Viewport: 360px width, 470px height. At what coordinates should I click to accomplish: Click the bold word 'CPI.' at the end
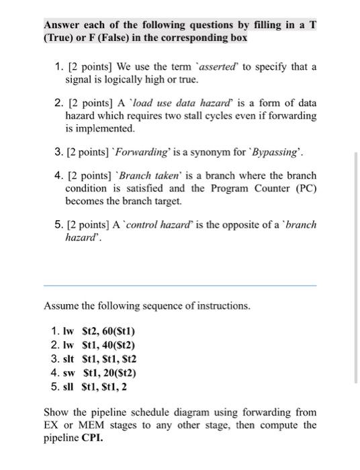93,437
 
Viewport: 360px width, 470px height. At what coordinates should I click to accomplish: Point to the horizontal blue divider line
179,285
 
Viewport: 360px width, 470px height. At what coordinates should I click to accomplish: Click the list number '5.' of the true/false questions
57,225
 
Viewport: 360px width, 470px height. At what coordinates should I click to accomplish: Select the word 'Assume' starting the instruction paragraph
60,306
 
